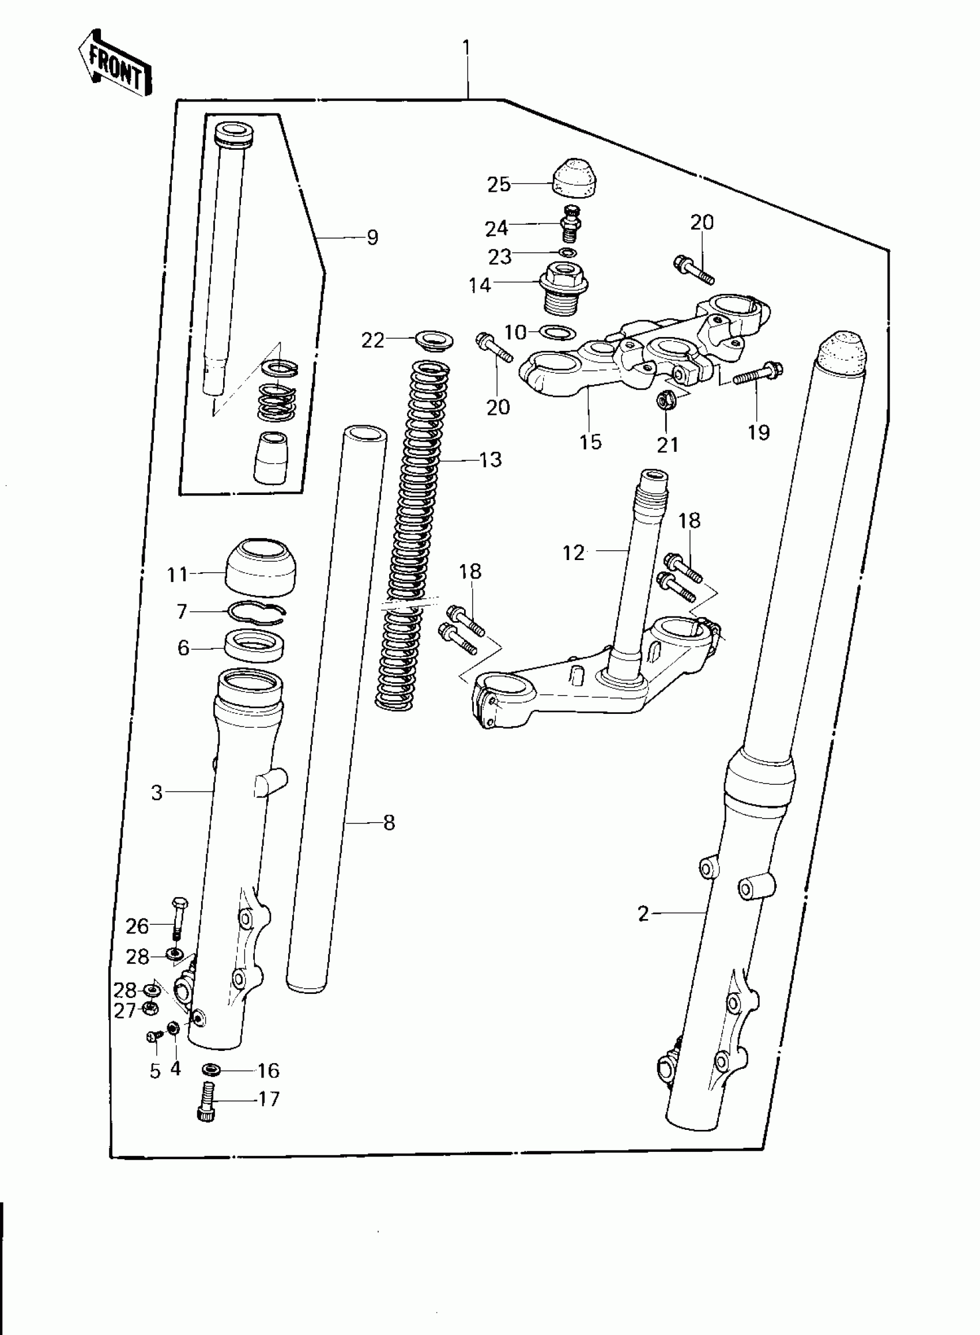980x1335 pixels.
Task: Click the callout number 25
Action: (x=498, y=184)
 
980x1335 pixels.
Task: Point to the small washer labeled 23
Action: (x=568, y=253)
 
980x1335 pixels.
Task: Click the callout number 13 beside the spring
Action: (x=491, y=459)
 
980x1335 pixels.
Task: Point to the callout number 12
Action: (x=573, y=553)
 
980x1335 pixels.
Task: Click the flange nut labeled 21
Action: (x=664, y=401)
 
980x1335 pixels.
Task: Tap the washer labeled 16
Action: (x=210, y=1069)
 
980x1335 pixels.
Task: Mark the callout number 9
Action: (x=372, y=238)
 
